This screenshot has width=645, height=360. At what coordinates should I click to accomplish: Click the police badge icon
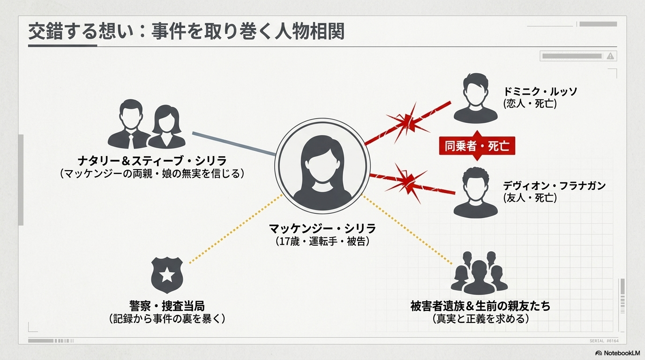click(x=167, y=276)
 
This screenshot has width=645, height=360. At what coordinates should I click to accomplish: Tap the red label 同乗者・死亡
click(x=477, y=146)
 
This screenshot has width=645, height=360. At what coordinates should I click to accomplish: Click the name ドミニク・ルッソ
click(x=540, y=91)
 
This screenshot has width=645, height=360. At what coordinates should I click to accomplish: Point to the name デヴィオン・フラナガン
click(x=554, y=186)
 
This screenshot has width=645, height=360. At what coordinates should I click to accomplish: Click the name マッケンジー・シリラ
click(x=322, y=229)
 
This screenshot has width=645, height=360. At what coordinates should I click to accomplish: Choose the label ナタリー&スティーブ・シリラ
click(x=152, y=161)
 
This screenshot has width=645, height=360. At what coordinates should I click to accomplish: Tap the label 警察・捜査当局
click(x=167, y=306)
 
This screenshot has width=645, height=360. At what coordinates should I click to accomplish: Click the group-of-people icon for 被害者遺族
click(x=479, y=273)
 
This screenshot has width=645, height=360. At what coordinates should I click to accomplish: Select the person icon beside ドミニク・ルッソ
click(x=476, y=98)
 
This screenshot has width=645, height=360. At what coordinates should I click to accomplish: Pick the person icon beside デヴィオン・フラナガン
click(x=476, y=192)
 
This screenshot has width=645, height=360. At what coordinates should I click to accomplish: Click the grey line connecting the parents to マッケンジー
click(x=234, y=144)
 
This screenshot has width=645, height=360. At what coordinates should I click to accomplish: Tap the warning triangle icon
click(x=610, y=56)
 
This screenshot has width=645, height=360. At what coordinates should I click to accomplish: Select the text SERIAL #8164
click(x=604, y=341)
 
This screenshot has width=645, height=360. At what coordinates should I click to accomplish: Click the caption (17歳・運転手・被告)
click(x=322, y=241)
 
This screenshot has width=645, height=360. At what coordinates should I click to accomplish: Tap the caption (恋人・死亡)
click(x=530, y=104)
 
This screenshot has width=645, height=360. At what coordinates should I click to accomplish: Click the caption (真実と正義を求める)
click(x=480, y=319)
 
